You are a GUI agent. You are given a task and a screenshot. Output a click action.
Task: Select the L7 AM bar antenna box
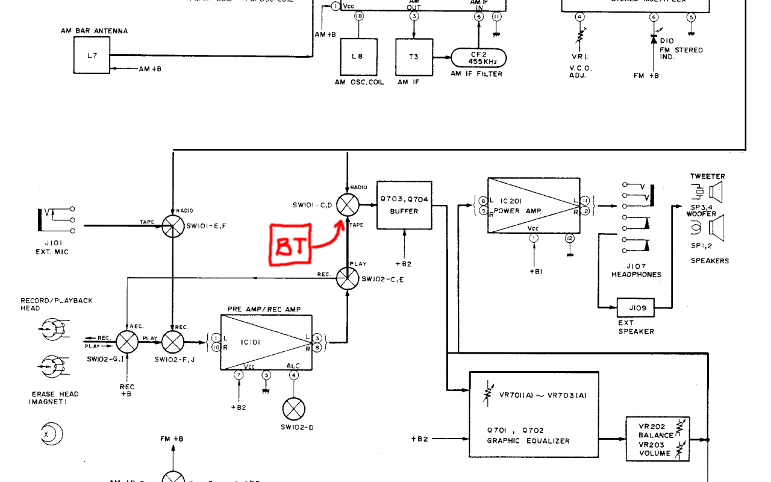coord(92,55)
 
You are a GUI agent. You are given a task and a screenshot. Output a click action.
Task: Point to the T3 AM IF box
coord(414,57)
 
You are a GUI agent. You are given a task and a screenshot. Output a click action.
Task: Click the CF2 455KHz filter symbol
coord(479,58)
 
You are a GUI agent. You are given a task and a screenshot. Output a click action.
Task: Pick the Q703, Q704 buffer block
coord(404,205)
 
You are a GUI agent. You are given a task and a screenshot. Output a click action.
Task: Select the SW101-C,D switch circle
coord(348,205)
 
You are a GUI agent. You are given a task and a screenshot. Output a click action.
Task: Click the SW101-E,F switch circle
coord(173,226)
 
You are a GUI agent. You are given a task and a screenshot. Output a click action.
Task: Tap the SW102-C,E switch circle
coord(348,278)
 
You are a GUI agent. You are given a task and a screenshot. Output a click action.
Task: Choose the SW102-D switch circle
coord(293,410)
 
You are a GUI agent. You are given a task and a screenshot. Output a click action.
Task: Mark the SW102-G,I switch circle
coord(126,342)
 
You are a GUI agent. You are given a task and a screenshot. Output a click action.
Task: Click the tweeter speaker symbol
coord(715,193)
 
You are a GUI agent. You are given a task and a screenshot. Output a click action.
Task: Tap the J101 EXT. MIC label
coord(52,248)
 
